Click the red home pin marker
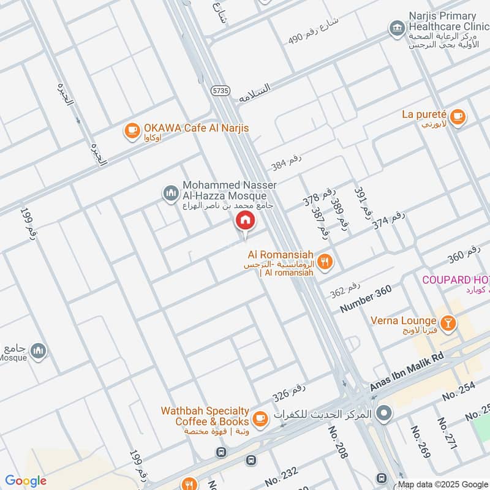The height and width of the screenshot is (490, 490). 245,221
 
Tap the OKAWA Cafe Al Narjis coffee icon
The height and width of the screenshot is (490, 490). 132,130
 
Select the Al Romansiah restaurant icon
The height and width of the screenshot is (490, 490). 325,262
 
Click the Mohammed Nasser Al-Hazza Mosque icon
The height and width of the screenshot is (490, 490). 170,194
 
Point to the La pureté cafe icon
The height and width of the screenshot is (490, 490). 459,116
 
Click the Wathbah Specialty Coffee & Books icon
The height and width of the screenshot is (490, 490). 260,418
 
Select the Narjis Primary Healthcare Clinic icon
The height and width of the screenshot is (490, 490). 396,28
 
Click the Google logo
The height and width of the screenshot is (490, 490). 26,481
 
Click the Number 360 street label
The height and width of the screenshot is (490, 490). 366,300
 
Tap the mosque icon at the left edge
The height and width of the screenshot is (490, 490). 38,350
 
